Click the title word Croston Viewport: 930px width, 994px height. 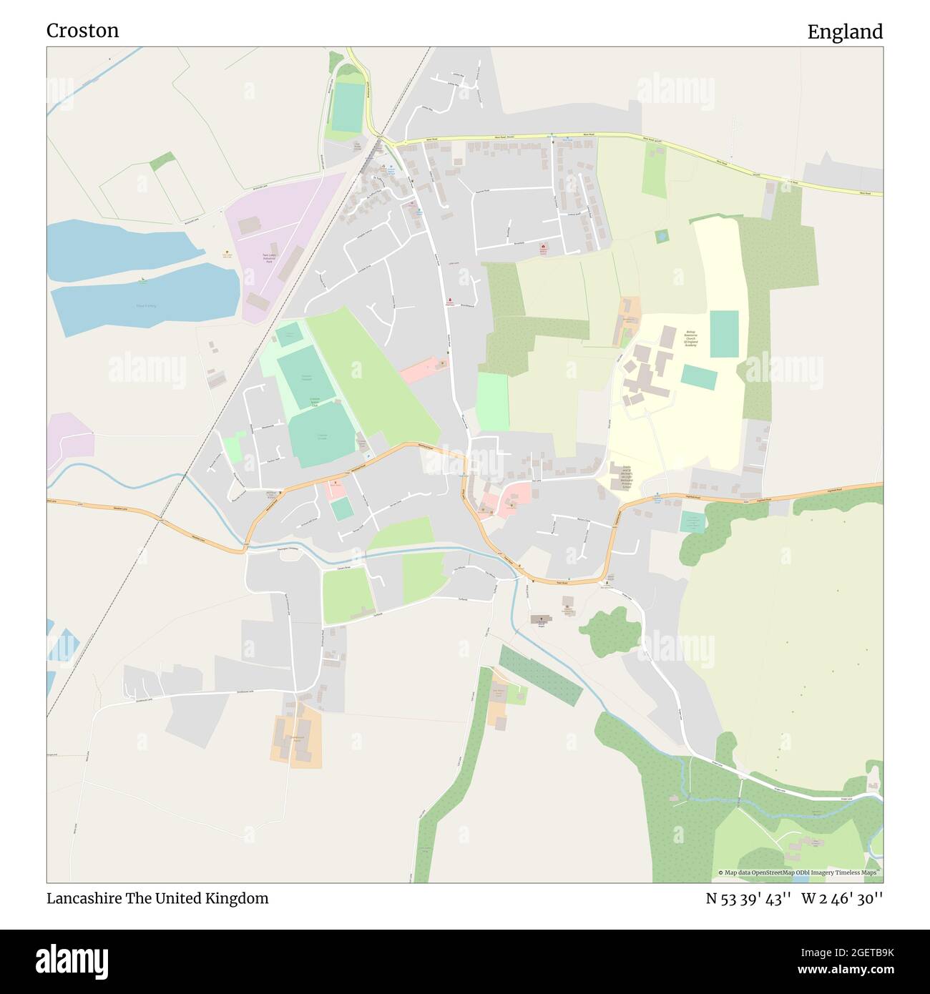pos(82,31)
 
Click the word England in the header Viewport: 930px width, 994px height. pos(845,31)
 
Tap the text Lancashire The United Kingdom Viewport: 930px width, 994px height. pos(157,898)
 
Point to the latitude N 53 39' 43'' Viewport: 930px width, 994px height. pos(748,898)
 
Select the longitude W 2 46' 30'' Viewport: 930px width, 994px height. pos(842,898)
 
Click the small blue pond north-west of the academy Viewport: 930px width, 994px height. pos(661,235)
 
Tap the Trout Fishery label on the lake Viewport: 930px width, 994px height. pos(145,306)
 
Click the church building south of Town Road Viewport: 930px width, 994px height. pos(541,619)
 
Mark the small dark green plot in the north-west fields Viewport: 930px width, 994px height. pos(162,161)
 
